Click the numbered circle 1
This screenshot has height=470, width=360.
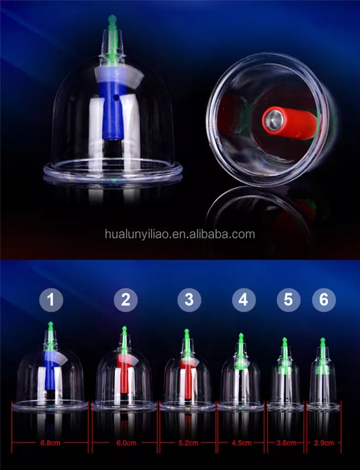(51, 299)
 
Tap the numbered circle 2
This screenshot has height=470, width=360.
(126, 299)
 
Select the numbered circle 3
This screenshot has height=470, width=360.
(189, 299)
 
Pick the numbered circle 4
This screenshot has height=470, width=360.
(243, 299)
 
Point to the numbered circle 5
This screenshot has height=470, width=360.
(288, 299)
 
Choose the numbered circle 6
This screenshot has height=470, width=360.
(323, 299)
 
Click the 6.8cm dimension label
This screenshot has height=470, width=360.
(50, 444)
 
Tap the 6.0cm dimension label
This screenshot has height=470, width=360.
(125, 444)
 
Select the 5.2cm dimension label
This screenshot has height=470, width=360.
(188, 444)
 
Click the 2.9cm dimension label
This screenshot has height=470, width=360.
(323, 444)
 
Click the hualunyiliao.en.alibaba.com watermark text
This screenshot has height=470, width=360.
(180, 234)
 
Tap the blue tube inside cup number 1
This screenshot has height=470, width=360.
(50, 375)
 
